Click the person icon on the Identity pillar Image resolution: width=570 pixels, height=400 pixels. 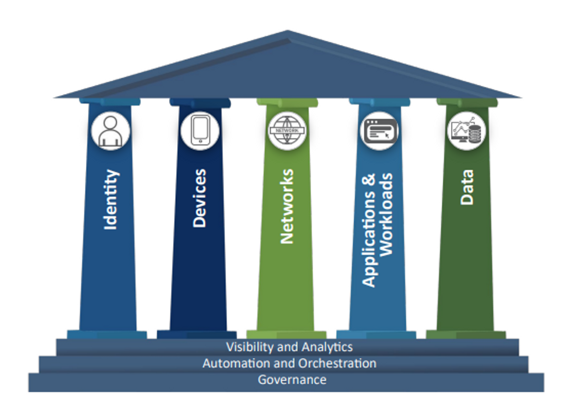click(x=111, y=131)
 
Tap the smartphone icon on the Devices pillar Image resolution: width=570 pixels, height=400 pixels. click(x=200, y=131)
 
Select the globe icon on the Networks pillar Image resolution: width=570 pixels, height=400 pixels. click(x=287, y=131)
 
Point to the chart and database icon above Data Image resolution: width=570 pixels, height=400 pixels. click(x=466, y=131)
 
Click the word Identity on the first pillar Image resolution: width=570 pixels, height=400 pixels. click(x=111, y=200)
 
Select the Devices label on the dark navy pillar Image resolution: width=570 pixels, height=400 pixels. click(x=199, y=198)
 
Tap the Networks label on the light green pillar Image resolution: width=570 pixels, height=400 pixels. click(x=287, y=207)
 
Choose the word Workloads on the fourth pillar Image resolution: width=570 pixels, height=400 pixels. click(x=386, y=215)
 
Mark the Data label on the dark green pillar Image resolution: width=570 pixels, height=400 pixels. click(x=467, y=187)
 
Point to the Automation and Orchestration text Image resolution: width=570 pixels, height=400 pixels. click(x=289, y=364)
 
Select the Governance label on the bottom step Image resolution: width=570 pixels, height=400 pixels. click(x=292, y=380)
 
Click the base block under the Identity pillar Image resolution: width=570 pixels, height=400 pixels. click(x=107, y=335)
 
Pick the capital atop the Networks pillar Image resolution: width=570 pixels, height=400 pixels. click(x=287, y=102)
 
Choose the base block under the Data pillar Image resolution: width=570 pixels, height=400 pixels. click(x=466, y=335)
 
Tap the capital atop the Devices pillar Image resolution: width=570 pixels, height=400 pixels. click(x=200, y=102)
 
